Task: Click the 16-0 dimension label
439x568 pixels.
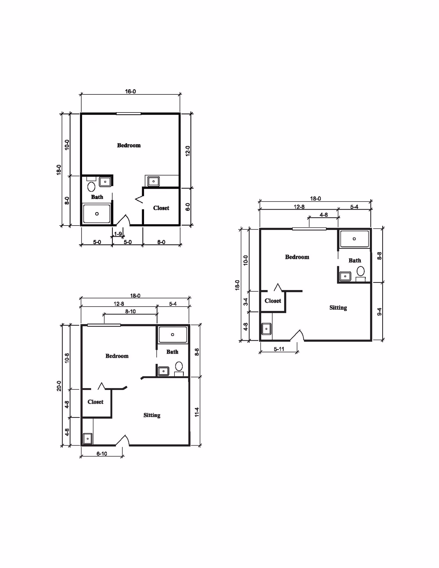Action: pos(130,91)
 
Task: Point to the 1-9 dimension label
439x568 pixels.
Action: pos(118,234)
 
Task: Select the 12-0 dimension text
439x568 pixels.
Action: pos(188,151)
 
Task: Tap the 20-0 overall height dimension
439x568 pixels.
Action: pos(59,386)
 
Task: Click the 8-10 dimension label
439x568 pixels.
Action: pos(130,311)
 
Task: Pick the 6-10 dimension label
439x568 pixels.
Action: pos(102,454)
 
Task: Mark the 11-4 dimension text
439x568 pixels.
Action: pos(197,412)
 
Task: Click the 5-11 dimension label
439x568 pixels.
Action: pos(279,349)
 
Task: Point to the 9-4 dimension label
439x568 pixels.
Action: pos(379,312)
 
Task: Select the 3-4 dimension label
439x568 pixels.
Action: pos(246,302)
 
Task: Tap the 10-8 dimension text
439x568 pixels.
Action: pos(67,358)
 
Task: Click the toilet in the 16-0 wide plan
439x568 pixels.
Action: pos(91,187)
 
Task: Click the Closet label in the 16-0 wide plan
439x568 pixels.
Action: pos(161,208)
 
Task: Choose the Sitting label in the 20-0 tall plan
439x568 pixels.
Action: pos(152,415)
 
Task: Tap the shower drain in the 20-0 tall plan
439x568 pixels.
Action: pos(173,334)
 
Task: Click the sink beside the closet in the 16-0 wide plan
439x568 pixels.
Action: pos(153,181)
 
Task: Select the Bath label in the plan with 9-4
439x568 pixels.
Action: pos(355,260)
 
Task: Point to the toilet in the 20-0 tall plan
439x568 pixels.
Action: pos(179,366)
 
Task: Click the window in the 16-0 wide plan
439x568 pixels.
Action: pos(129,114)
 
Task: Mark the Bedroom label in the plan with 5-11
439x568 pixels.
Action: pos(297,257)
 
